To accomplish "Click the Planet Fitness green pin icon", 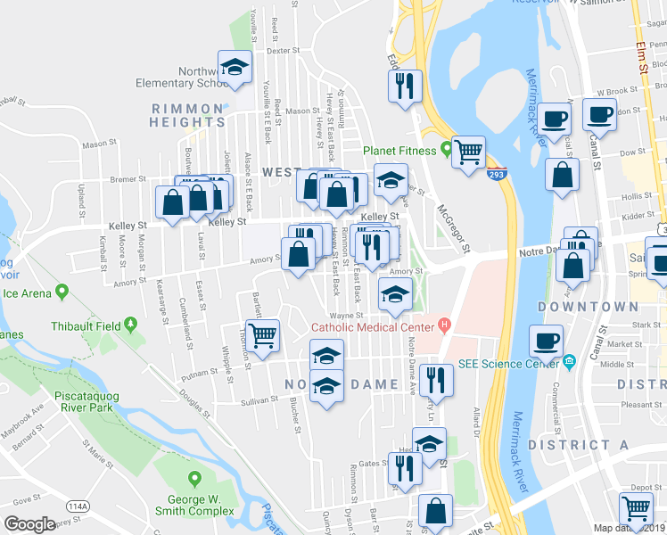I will [x=445, y=150].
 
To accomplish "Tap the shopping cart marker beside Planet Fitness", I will [x=467, y=152].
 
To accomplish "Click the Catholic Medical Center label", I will [x=373, y=327].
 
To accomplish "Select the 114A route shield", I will [x=78, y=506].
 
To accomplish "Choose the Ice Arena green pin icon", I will [x=62, y=291].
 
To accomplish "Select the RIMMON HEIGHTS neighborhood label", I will [x=186, y=115].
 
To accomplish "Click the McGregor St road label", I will [x=454, y=230].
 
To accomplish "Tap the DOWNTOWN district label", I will [x=589, y=307].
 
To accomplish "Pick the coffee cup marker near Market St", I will [x=546, y=341].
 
